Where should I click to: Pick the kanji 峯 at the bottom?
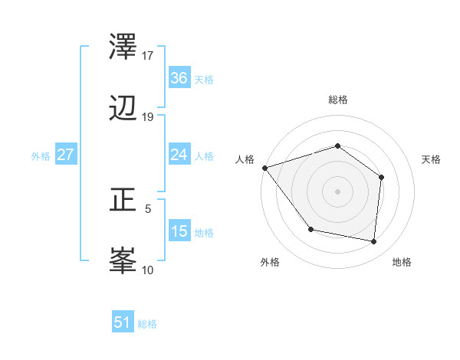[124, 262]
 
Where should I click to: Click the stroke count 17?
[148, 56]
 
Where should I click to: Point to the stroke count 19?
[148, 117]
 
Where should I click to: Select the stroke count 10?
[148, 270]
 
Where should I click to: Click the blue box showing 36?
[179, 78]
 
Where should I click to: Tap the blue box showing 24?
[179, 155]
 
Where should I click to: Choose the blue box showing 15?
[179, 231]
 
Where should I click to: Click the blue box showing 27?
[66, 155]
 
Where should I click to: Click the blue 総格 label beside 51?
[147, 324]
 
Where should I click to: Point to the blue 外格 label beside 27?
[41, 156]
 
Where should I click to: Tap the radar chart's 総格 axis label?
[338, 100]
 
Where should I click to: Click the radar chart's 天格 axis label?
[432, 159]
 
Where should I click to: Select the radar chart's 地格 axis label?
[402, 262]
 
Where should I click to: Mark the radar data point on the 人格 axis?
[264, 168]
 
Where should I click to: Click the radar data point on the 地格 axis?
[373, 241]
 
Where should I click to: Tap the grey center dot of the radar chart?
[337, 191]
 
